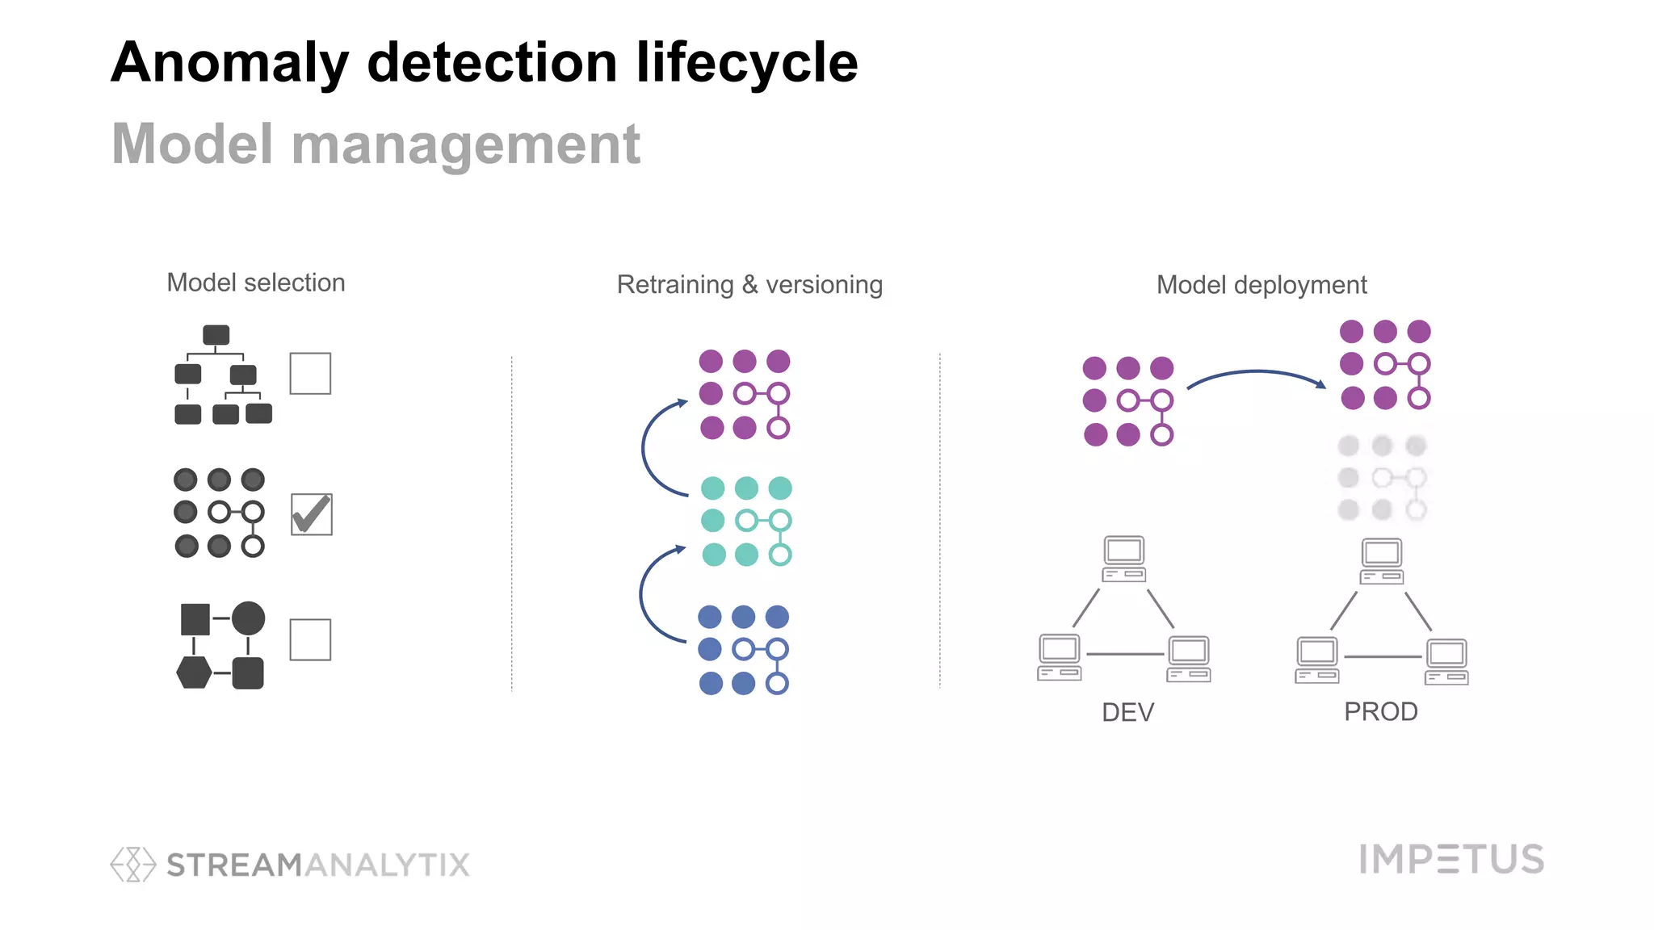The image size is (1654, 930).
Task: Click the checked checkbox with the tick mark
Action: (311, 515)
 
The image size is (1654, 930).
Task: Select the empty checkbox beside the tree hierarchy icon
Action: (310, 374)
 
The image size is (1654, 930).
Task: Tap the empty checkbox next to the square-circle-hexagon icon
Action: (310, 639)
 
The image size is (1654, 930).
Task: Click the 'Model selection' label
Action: (256, 283)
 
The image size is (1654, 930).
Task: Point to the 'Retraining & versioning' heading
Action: (749, 285)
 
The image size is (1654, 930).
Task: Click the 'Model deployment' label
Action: (1261, 285)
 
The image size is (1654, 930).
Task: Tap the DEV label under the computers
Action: (1127, 712)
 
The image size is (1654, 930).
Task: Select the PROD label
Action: (1380, 711)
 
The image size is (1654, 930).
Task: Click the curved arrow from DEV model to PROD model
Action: (1256, 374)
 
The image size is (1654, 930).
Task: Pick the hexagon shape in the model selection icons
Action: (194, 672)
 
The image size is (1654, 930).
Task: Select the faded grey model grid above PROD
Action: (1382, 478)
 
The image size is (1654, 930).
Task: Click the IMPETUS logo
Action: (1451, 859)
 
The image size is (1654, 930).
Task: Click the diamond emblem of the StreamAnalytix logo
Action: (132, 865)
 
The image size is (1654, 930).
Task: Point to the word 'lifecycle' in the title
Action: (746, 63)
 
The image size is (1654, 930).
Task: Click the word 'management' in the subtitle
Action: (465, 145)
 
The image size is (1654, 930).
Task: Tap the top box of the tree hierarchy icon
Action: (216, 335)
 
